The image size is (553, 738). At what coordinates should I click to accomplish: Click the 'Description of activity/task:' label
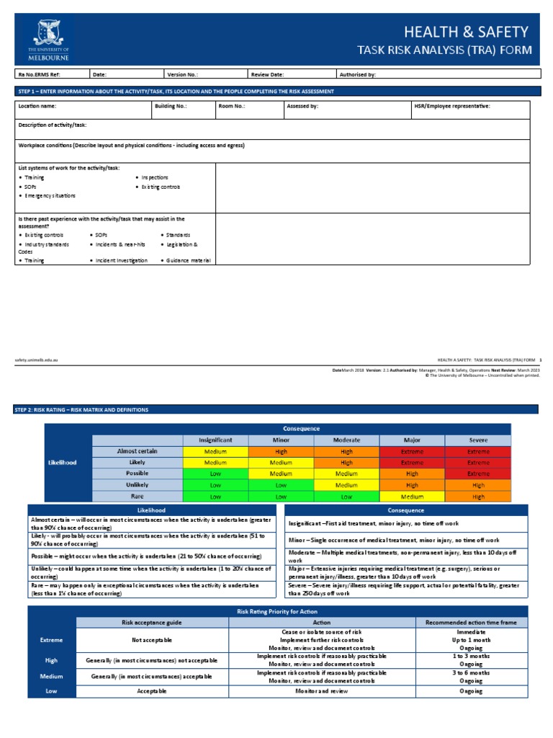tap(52, 125)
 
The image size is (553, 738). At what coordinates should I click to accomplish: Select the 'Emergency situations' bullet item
tap(50, 196)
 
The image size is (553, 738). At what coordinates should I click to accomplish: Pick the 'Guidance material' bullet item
tap(188, 260)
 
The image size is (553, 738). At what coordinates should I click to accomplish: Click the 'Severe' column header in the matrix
tap(478, 440)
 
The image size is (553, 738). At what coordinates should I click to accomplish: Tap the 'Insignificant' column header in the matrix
tap(215, 440)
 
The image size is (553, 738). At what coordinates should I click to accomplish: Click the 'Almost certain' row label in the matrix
tap(137, 451)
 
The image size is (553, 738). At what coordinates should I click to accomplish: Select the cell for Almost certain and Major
tap(412, 451)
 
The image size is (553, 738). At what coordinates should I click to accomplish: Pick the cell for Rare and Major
tap(412, 497)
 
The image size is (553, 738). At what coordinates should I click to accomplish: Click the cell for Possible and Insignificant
tap(215, 474)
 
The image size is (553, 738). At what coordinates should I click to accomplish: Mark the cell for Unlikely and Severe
tap(478, 485)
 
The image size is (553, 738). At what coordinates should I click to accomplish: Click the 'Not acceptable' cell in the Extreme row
tap(151, 639)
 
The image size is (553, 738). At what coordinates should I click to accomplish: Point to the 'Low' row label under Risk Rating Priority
tap(51, 690)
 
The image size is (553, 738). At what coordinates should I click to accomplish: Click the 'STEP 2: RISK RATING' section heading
tap(81, 409)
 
